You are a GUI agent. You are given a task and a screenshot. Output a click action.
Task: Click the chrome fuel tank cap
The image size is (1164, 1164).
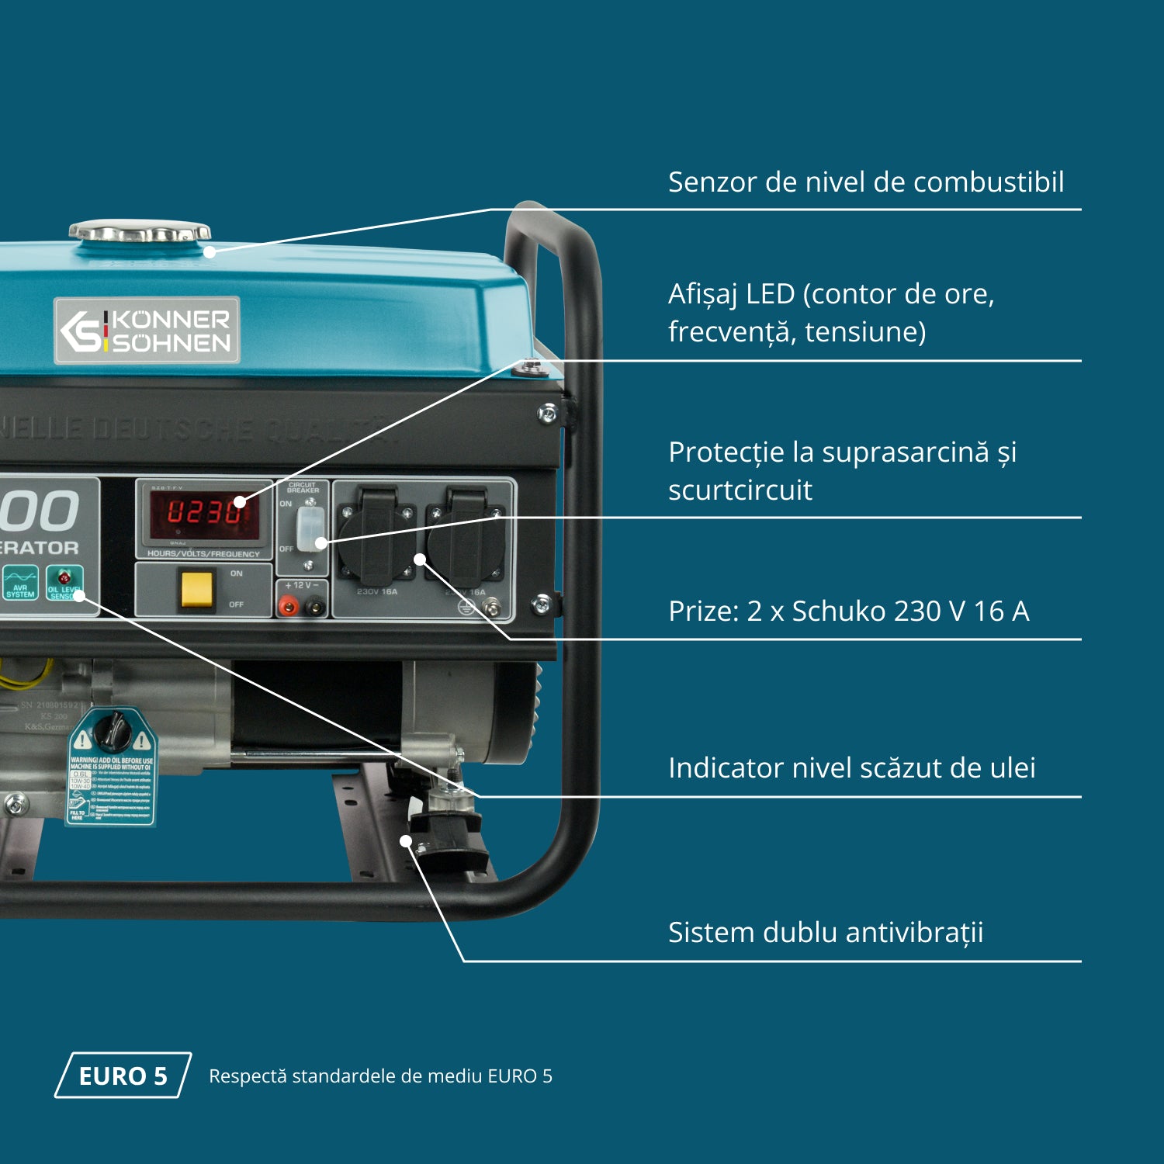pyautogui.click(x=140, y=231)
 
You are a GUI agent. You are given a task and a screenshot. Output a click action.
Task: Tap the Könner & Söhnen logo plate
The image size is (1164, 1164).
pyautogui.click(x=147, y=331)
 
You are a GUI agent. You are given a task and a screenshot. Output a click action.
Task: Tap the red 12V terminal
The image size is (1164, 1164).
pyautogui.click(x=289, y=606)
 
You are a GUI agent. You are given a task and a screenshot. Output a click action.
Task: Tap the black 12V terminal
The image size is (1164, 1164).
pyautogui.click(x=314, y=606)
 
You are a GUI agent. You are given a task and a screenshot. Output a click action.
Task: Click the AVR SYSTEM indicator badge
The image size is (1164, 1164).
pyautogui.click(x=20, y=582)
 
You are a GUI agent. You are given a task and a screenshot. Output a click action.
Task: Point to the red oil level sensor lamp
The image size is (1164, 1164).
pyautogui.click(x=64, y=577)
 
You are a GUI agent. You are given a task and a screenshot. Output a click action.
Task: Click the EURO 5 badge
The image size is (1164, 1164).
pyautogui.click(x=123, y=1076)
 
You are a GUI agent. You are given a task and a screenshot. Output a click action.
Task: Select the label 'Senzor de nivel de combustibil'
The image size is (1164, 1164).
pyautogui.click(x=865, y=182)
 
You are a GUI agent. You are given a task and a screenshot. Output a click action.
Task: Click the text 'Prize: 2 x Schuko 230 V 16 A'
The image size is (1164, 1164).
pyautogui.click(x=848, y=611)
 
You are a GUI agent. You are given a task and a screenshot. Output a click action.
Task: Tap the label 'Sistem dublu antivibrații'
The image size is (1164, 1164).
pyautogui.click(x=825, y=933)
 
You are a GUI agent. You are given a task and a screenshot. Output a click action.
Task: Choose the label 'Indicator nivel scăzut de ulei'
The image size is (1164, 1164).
pyautogui.click(x=851, y=768)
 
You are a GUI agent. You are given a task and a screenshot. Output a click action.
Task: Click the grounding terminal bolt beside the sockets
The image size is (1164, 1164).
pyautogui.click(x=491, y=607)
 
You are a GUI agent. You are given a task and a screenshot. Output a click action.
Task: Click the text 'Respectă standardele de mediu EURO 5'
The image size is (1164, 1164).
pyautogui.click(x=380, y=1076)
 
